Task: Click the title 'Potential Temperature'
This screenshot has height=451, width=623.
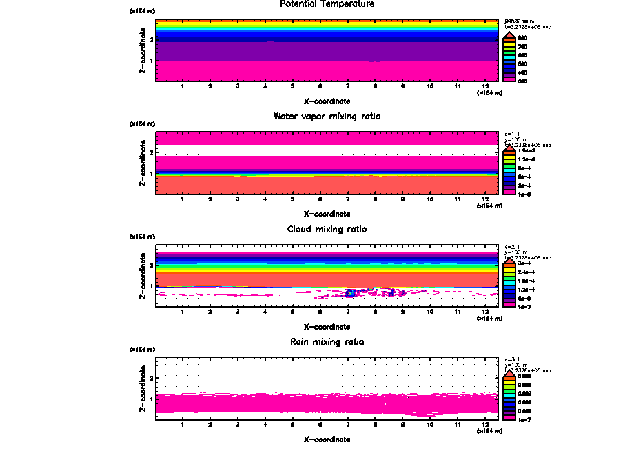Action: point(327,4)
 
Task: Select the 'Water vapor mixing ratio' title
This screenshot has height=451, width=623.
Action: point(327,117)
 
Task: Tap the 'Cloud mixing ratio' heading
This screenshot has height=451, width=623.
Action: point(327,229)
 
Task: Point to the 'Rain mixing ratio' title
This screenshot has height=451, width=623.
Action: point(327,341)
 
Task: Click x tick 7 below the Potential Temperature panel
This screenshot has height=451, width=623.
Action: point(347,86)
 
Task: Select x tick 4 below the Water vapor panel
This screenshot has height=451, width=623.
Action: point(265,199)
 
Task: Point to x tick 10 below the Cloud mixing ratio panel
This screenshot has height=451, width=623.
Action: point(430,312)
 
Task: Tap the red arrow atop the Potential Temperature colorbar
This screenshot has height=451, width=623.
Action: point(509,35)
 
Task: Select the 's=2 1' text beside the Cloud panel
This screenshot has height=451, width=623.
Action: point(512,246)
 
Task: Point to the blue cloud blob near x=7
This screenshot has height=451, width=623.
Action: point(350,293)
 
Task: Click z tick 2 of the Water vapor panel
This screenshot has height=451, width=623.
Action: point(150,151)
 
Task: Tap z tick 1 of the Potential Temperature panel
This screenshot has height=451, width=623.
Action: point(150,61)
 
